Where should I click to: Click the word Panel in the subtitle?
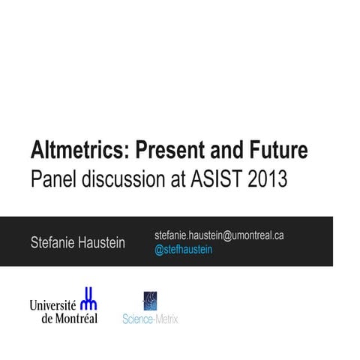(50, 180)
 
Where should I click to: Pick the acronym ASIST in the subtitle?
(212, 180)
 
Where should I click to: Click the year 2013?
(265, 180)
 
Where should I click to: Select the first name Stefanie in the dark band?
(52, 242)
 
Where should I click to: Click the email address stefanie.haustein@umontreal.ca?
(219, 235)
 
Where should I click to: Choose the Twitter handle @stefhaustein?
(183, 250)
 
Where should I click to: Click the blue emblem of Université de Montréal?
(88, 298)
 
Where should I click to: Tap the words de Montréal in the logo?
(69, 318)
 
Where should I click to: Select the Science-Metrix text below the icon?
(150, 319)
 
